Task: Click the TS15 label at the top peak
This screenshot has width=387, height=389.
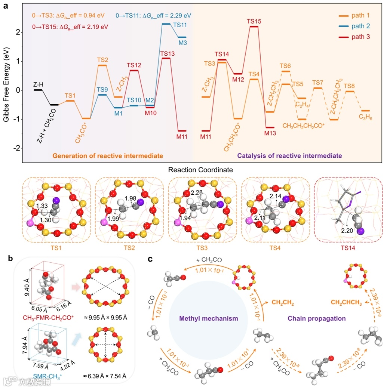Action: [254, 21]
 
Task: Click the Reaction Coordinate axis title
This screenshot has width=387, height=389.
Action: [201, 170]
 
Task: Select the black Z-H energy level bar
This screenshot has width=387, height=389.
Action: [38, 90]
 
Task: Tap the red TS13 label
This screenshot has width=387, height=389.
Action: [167, 53]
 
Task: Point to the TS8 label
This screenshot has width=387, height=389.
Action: [349, 86]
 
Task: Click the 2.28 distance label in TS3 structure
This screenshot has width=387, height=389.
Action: [197, 192]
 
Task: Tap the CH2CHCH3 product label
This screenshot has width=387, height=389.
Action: [346, 303]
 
